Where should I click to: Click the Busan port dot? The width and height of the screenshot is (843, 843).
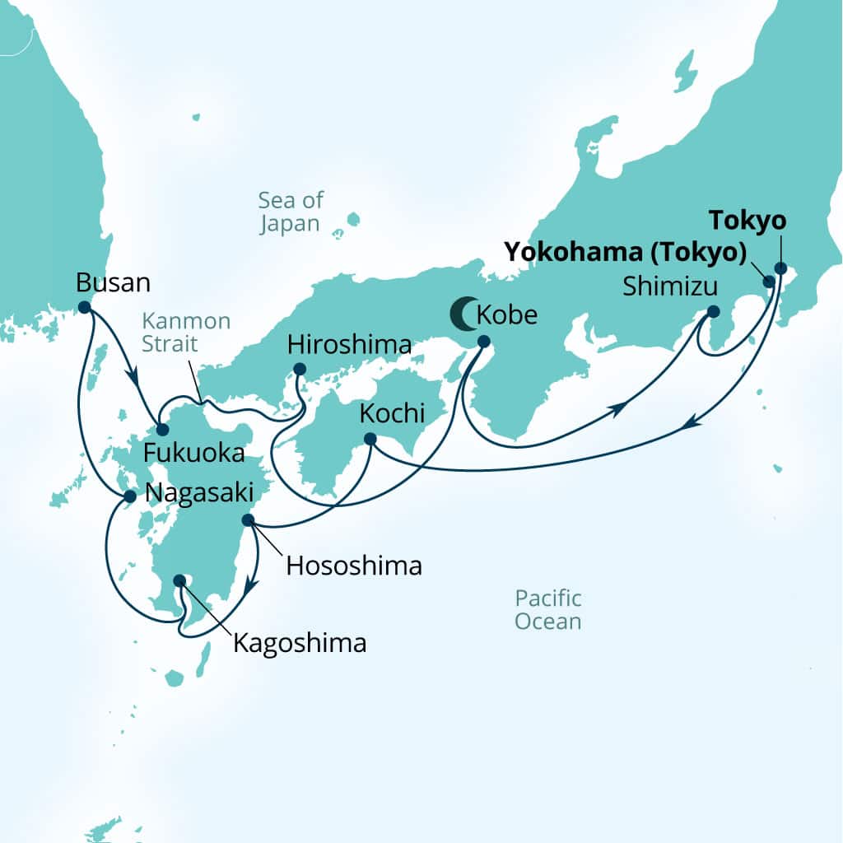pyautogui.click(x=84, y=307)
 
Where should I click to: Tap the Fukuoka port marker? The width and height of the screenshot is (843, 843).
pyautogui.click(x=162, y=430)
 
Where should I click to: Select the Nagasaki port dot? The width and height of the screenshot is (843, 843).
pyautogui.click(x=129, y=496)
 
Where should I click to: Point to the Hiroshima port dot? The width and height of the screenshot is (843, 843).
pyautogui.click(x=299, y=369)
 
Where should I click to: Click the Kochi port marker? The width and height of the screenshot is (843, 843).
pyautogui.click(x=370, y=439)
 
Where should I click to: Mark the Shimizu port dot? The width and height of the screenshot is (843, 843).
pyautogui.click(x=713, y=311)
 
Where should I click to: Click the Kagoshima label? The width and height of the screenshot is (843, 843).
pyautogui.click(x=300, y=643)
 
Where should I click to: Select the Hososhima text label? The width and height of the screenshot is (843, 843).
pyautogui.click(x=354, y=566)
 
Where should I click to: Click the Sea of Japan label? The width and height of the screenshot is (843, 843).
pyautogui.click(x=291, y=212)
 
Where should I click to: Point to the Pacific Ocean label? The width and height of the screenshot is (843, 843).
pyautogui.click(x=548, y=609)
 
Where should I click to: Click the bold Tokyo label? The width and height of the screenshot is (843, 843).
pyautogui.click(x=748, y=221)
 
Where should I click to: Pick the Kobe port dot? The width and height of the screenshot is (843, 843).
pyautogui.click(x=483, y=342)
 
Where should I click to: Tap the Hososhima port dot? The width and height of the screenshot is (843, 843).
pyautogui.click(x=248, y=520)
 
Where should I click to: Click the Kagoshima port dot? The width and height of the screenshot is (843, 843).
pyautogui.click(x=179, y=580)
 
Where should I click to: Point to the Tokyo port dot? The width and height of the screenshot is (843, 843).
pyautogui.click(x=780, y=268)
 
